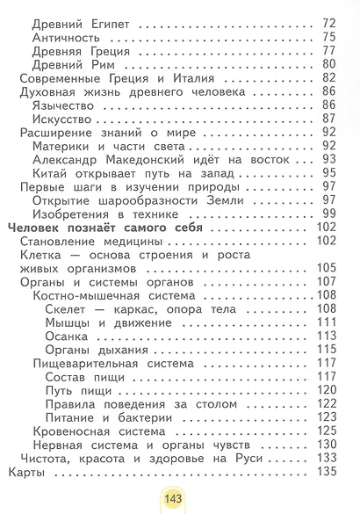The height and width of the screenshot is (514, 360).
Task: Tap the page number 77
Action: pos(330,52)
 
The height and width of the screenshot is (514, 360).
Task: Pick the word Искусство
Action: pos(64,119)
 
